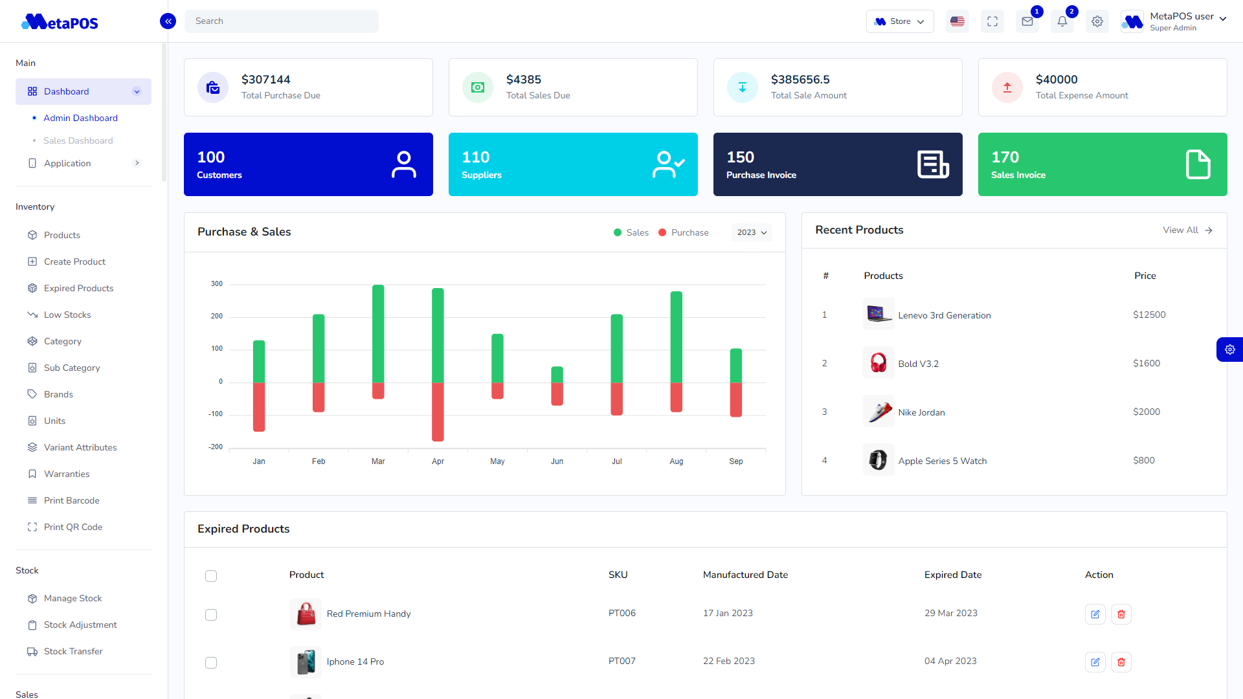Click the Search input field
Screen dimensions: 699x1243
pyautogui.click(x=281, y=21)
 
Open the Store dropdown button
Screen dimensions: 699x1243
pyautogui.click(x=899, y=21)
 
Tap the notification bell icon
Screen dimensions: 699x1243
pyautogui.click(x=1062, y=21)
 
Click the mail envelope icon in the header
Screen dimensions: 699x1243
pyautogui.click(x=1027, y=21)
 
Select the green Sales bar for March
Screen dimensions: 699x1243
pyautogui.click(x=378, y=333)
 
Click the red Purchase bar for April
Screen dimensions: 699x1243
pyautogui.click(x=438, y=412)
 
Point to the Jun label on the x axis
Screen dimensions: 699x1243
pyautogui.click(x=557, y=461)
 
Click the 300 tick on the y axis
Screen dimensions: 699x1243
pyautogui.click(x=216, y=284)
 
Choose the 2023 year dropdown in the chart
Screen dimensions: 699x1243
pyautogui.click(x=752, y=232)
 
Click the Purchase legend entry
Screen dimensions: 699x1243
pyautogui.click(x=684, y=232)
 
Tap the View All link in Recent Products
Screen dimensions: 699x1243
pyautogui.click(x=1187, y=230)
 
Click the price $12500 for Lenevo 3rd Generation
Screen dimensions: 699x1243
pyautogui.click(x=1148, y=315)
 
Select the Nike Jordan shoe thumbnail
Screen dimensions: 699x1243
pyautogui.click(x=879, y=412)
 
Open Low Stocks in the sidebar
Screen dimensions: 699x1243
pyautogui.click(x=67, y=315)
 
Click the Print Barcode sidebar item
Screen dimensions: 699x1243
pyautogui.click(x=71, y=501)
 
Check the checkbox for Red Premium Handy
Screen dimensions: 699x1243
pyautogui.click(x=211, y=615)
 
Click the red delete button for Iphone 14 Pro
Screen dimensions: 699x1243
pyautogui.click(x=1121, y=662)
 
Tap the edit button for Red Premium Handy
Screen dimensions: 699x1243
pyautogui.click(x=1095, y=614)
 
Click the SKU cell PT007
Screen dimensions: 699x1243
pyautogui.click(x=621, y=661)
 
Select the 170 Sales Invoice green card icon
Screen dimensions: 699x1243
pyautogui.click(x=1198, y=164)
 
